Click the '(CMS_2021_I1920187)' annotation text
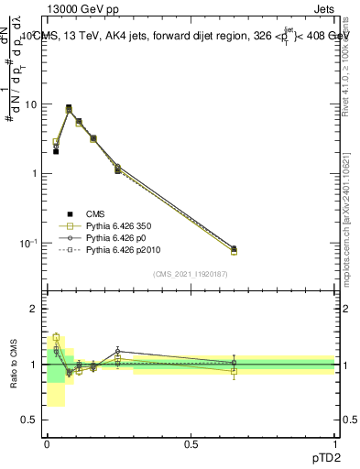[x=190, y=273]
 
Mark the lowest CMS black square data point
[x=56, y=151]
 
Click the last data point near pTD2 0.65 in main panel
[x=234, y=249]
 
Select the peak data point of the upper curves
[x=69, y=107]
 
